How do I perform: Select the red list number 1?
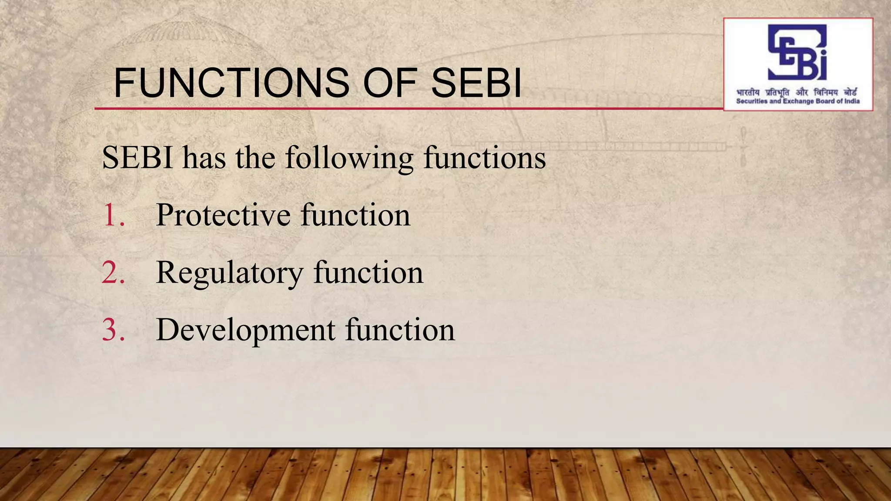tap(113, 215)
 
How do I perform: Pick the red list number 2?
tap(113, 273)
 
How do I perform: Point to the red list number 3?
tap(113, 330)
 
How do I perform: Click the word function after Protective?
tap(355, 215)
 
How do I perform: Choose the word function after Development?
tap(400, 330)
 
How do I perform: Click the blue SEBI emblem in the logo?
tap(797, 52)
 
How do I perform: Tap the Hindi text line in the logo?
tap(797, 93)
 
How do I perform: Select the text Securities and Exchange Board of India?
tap(797, 101)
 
